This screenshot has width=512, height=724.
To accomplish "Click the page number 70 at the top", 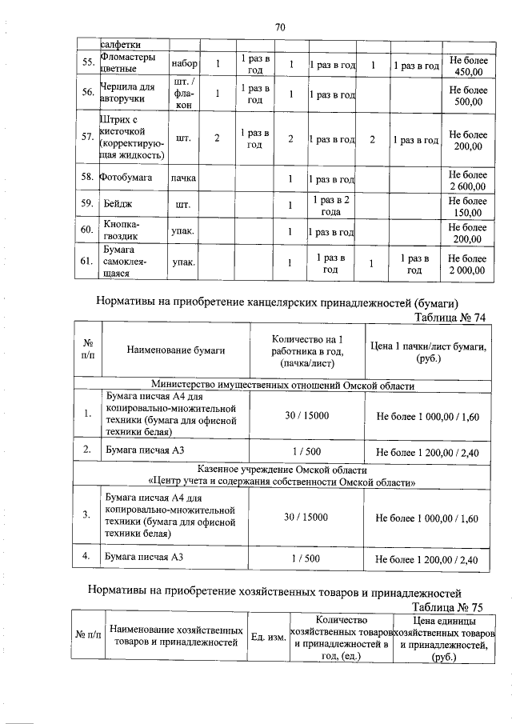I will point(280,27).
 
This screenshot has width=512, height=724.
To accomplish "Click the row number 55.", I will point(88,63).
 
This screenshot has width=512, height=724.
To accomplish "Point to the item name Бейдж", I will point(122,205).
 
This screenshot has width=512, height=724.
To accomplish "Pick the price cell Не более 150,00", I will point(467,206).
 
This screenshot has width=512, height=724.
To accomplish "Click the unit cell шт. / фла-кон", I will point(185,95).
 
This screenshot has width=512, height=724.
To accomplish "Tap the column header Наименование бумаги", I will point(176,350).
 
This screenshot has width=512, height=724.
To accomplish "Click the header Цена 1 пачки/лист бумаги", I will point(429,350).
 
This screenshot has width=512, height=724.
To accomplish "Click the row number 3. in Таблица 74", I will point(86,514).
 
